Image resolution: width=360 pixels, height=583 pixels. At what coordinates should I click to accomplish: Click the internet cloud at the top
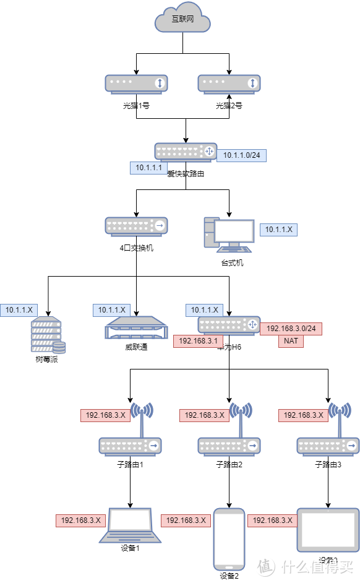182,20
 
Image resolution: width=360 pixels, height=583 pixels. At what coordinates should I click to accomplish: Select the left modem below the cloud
136,83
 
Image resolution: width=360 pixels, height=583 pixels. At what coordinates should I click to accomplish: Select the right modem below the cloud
229,83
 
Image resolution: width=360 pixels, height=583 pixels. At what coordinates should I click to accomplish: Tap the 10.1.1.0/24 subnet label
241,155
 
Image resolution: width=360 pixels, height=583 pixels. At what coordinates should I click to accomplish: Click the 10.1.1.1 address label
148,168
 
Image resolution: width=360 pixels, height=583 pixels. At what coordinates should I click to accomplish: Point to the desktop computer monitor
234,231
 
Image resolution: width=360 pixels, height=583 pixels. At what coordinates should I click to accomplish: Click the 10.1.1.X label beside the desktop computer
278,230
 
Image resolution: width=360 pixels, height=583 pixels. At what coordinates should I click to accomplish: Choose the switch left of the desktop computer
136,226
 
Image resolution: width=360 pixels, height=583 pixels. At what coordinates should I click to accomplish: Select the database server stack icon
48,335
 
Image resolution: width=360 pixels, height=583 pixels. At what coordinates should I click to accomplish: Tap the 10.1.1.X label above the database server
19,309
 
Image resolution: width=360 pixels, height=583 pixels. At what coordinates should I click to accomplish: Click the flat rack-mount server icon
136,328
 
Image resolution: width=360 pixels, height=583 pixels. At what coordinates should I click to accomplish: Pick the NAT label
291,341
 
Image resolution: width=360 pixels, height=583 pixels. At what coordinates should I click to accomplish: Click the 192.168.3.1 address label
198,341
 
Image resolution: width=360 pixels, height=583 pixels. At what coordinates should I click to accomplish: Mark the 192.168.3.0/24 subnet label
291,329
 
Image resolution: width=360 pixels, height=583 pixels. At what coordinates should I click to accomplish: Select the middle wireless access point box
229,446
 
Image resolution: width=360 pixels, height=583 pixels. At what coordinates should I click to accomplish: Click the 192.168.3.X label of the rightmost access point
303,415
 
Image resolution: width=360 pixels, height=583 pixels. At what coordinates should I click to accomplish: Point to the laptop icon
131,526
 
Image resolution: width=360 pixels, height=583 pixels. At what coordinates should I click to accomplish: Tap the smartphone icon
229,538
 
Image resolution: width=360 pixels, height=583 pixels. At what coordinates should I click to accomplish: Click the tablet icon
328,530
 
